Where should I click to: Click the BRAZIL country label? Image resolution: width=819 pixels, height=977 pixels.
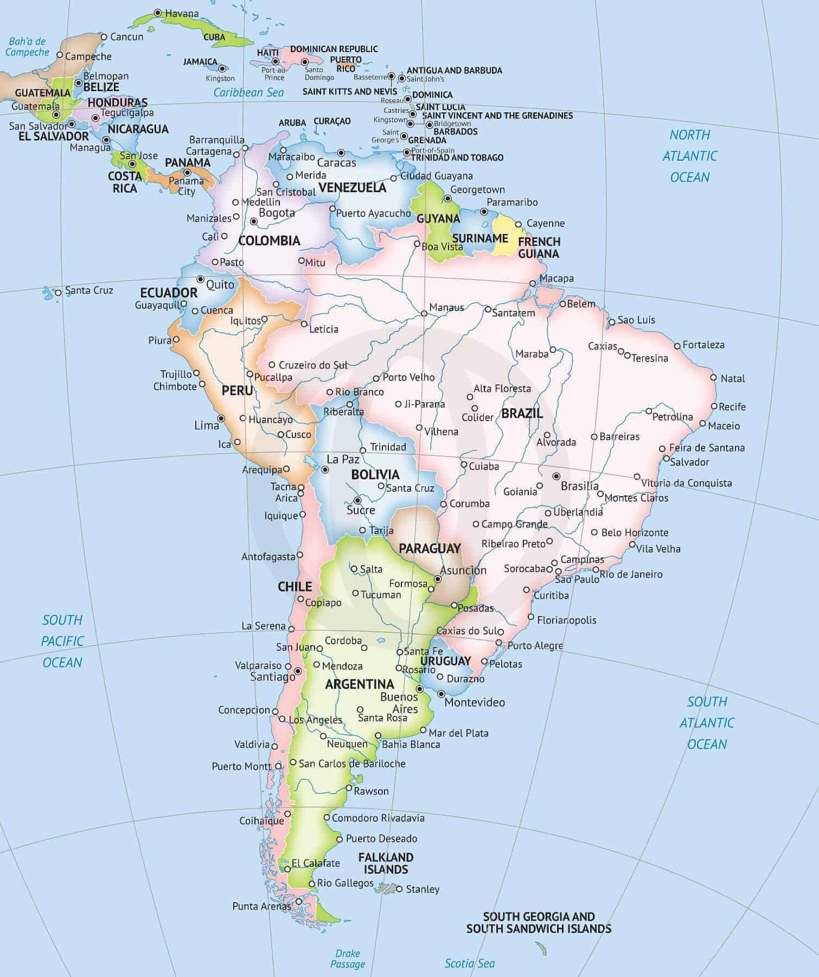coord(522,413)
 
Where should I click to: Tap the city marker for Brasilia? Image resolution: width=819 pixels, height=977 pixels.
coord(556,476)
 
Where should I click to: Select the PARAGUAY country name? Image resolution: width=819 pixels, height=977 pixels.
coord(430,548)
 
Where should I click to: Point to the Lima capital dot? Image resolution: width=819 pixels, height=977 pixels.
coord(221,418)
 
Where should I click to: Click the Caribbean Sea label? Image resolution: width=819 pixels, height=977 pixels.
coord(248,92)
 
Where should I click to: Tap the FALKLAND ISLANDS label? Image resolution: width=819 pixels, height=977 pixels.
coord(386,863)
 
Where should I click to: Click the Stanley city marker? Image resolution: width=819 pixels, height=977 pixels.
coord(400,889)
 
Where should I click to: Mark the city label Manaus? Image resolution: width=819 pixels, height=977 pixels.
coord(446,308)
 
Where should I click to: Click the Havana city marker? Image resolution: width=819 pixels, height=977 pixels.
coord(157,12)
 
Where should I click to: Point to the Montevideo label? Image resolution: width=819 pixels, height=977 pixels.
coord(475,702)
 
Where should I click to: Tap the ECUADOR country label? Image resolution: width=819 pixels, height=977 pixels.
coord(169,293)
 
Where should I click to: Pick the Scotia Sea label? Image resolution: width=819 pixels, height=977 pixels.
coord(470,963)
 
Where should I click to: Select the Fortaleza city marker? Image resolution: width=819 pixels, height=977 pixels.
coord(677,346)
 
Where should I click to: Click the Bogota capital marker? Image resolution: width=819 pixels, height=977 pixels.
coord(253,221)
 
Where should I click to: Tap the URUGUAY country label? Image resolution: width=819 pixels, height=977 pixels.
coord(445,661)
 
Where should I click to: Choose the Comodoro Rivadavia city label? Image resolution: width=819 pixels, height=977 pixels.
coord(378,818)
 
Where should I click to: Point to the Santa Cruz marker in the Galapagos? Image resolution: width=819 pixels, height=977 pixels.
coord(59,293)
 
